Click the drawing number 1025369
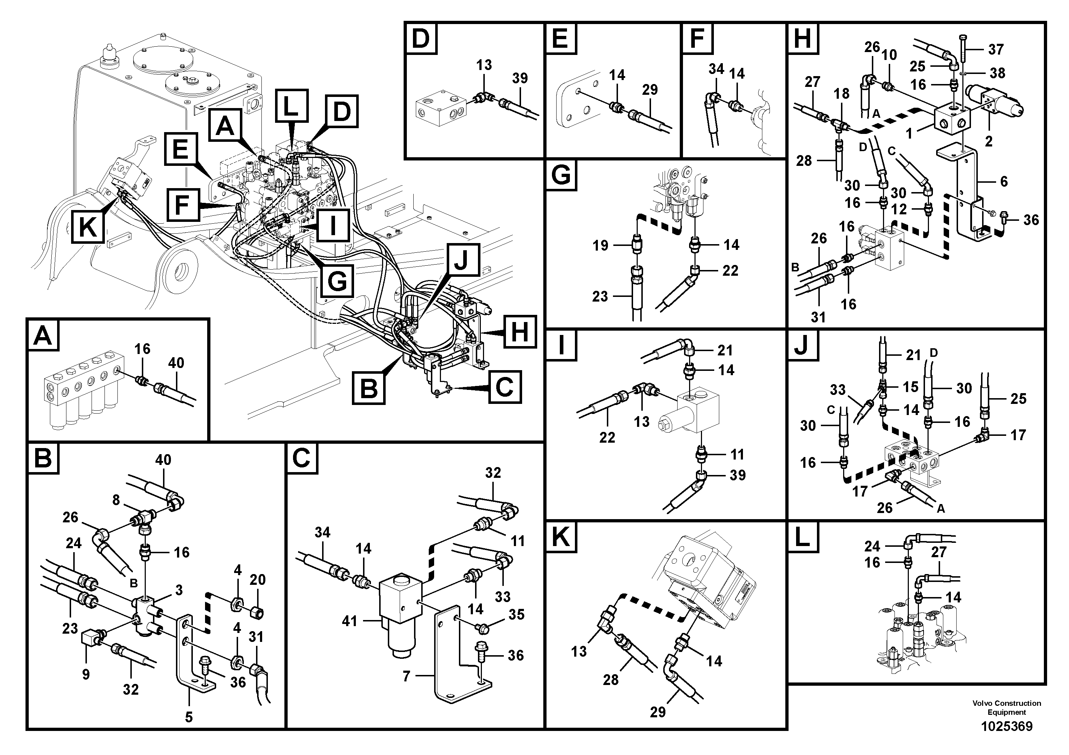(x=1006, y=726)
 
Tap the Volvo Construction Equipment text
(x=1006, y=708)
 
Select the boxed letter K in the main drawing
(x=88, y=228)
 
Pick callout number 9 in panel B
(x=86, y=675)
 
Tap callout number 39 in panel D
(x=520, y=78)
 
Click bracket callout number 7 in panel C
(x=406, y=676)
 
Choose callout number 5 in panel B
(x=189, y=717)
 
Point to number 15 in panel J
(x=910, y=387)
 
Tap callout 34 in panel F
(x=716, y=69)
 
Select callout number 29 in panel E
(x=650, y=89)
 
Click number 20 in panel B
(x=257, y=579)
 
